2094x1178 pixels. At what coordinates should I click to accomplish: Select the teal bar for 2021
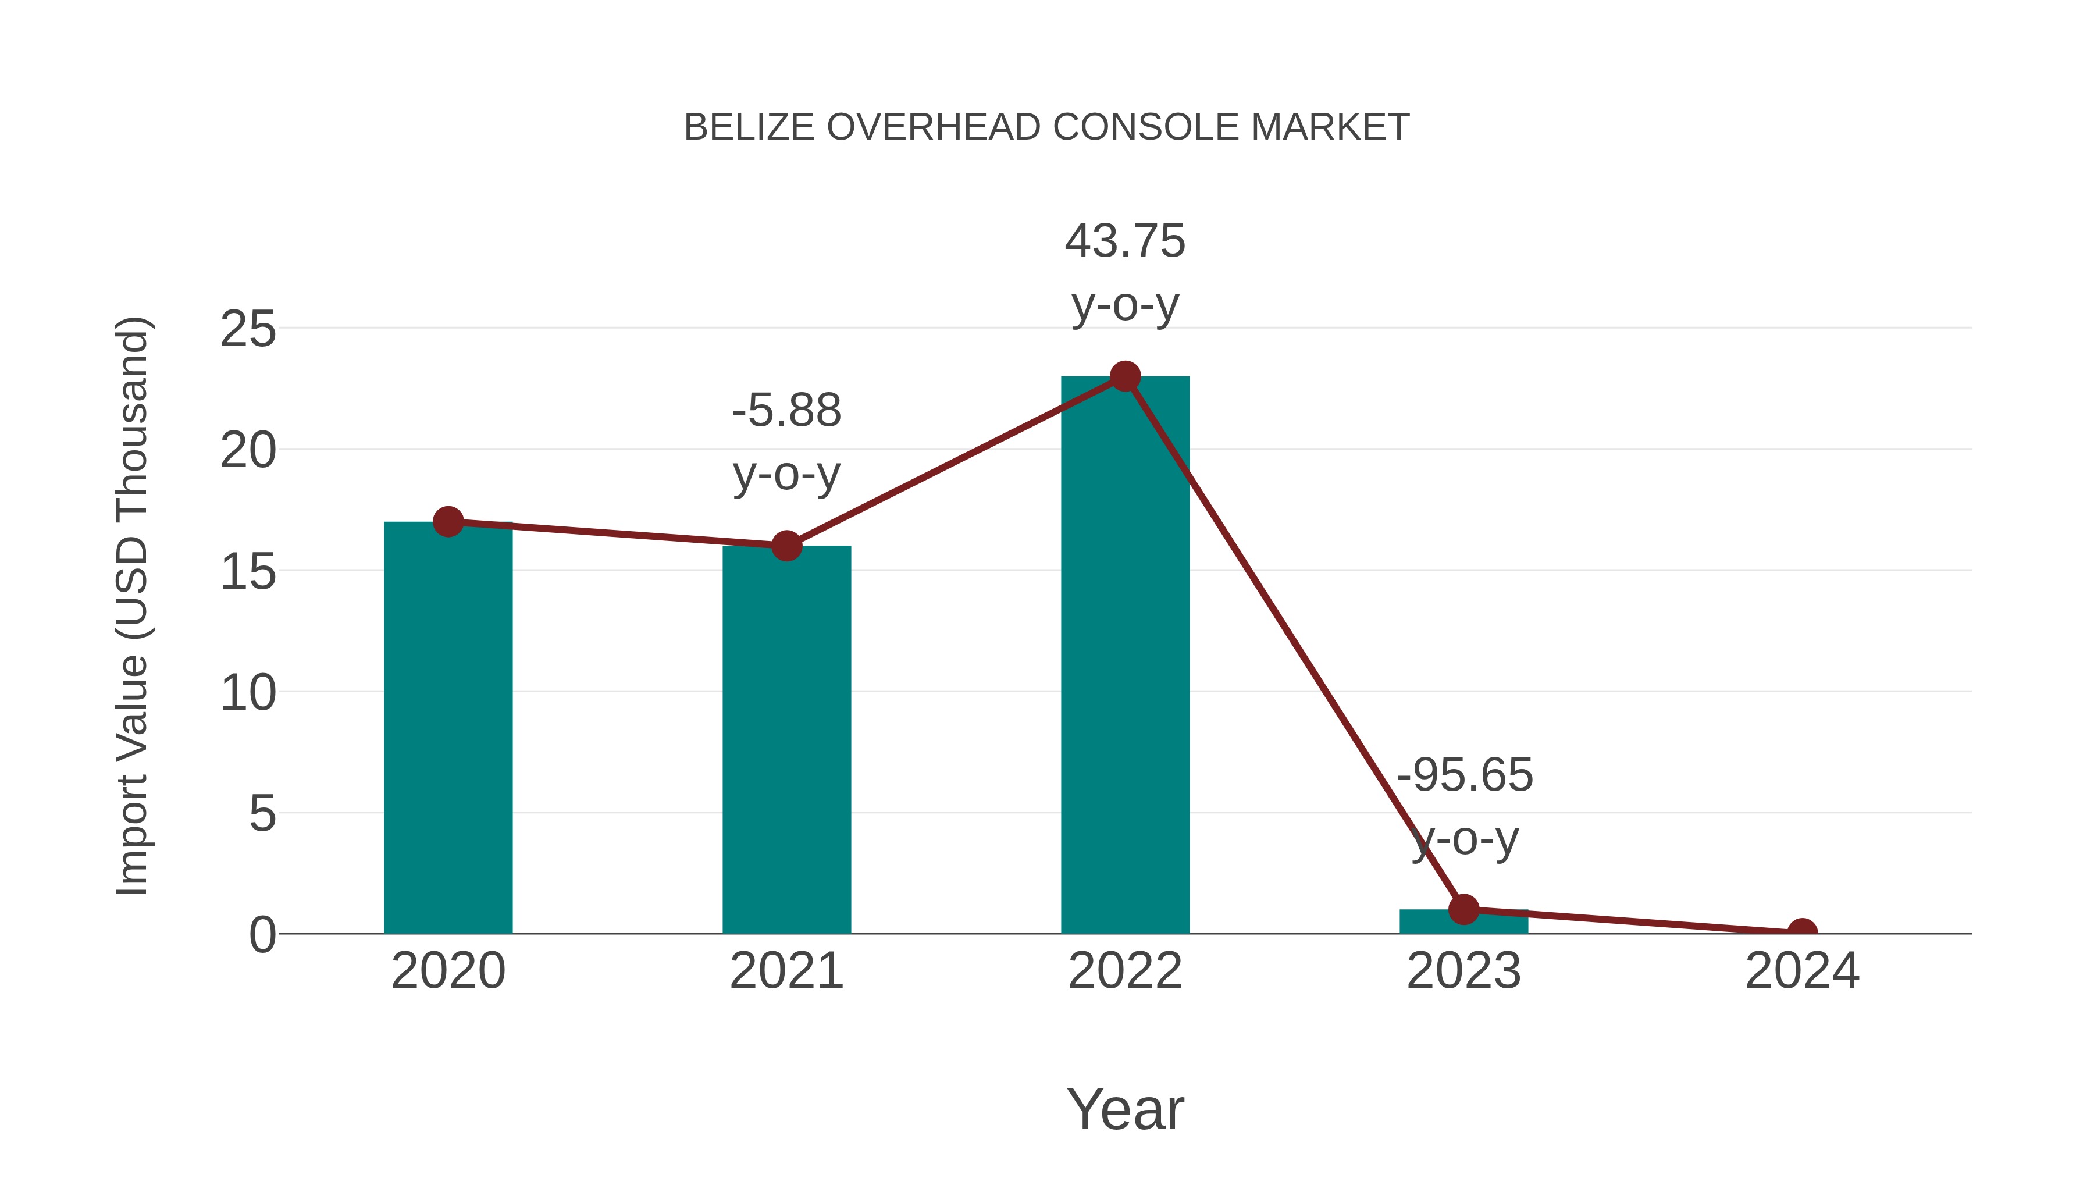pos(786,740)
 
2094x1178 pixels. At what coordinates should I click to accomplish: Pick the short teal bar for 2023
pos(1463,922)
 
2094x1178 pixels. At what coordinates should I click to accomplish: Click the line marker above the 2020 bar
pos(448,521)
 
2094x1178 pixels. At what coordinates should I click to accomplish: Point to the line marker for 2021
pos(786,546)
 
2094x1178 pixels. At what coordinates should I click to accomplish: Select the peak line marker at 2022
pos(1124,376)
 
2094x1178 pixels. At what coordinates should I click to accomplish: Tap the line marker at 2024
pos(1802,932)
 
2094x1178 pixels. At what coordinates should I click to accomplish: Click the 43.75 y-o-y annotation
pos(1124,273)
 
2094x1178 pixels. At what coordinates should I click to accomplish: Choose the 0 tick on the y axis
pos(262,934)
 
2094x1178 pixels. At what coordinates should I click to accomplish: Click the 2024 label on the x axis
pos(1801,971)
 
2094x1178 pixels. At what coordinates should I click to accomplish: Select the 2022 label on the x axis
pos(1124,971)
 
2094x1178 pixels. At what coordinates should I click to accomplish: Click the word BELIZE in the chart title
pos(749,127)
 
